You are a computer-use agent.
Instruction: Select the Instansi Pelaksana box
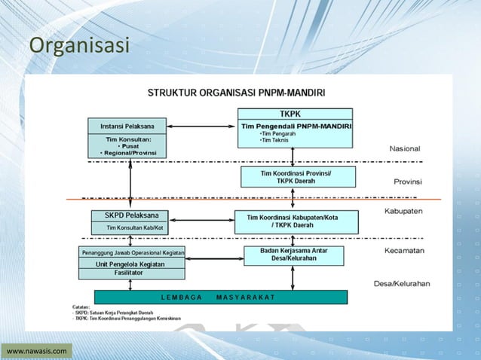(x=130, y=125)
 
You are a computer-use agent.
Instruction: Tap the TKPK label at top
(x=295, y=114)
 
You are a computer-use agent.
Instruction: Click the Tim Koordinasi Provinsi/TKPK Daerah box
(x=296, y=177)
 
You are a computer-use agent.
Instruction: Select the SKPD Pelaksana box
(x=130, y=215)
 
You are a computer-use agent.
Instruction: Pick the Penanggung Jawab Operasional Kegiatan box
(x=133, y=252)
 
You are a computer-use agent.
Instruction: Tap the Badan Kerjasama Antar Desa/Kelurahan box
(x=294, y=255)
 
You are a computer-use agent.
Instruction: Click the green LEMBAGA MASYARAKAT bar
(x=221, y=297)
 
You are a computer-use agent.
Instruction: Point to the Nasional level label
(x=405, y=149)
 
